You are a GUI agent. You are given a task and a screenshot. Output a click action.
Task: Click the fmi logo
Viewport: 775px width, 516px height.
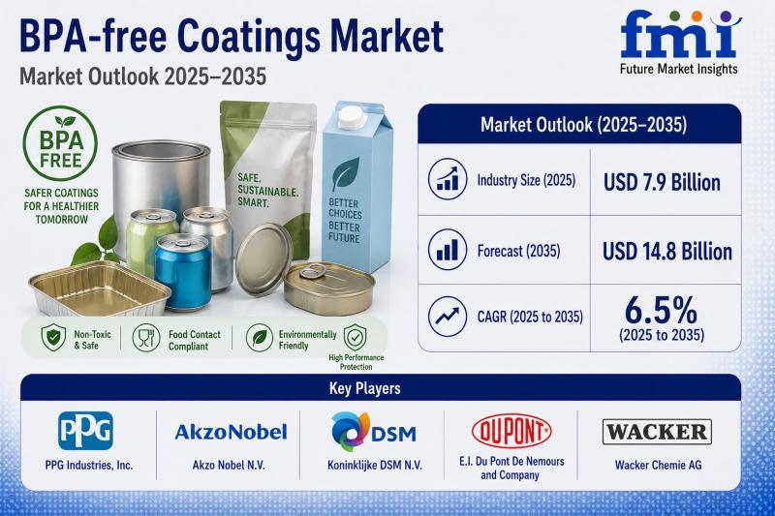(x=680, y=42)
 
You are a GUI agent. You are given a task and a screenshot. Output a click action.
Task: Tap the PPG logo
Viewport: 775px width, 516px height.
(x=85, y=431)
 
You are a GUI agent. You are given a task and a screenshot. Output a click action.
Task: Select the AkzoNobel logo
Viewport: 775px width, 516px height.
(x=231, y=432)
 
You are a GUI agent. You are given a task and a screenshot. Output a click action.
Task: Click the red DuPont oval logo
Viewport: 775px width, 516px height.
(x=511, y=431)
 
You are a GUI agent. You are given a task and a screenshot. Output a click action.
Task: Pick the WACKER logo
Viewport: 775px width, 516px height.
(x=657, y=432)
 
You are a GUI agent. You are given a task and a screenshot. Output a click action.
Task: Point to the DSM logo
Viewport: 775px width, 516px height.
(x=374, y=431)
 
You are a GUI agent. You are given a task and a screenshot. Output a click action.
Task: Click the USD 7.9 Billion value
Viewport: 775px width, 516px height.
(x=662, y=183)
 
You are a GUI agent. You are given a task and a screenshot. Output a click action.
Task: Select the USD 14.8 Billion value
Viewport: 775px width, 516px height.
(x=666, y=252)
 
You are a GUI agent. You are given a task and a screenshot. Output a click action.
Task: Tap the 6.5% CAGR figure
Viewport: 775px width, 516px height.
(x=661, y=310)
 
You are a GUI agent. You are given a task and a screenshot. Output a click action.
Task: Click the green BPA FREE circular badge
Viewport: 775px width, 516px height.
(x=60, y=143)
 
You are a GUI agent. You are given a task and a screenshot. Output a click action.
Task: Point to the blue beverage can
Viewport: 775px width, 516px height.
(x=183, y=272)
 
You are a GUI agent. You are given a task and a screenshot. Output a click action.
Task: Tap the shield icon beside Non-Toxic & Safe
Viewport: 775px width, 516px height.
(x=53, y=338)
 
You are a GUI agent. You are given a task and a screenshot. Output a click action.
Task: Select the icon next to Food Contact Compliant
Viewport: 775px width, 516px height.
(x=146, y=338)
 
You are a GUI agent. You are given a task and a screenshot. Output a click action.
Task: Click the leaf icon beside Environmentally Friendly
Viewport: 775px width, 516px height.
(x=260, y=338)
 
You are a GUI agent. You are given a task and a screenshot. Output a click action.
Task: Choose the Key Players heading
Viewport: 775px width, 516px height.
(x=365, y=388)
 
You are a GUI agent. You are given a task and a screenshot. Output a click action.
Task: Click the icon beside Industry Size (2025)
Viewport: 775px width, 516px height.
(x=448, y=179)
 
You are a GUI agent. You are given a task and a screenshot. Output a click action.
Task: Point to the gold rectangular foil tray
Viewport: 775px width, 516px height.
(x=100, y=288)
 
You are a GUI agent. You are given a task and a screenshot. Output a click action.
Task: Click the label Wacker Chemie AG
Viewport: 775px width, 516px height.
(x=658, y=465)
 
